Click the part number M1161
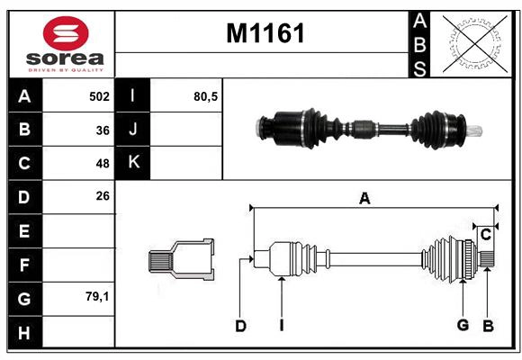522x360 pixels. (265, 33)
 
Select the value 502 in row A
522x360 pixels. (99, 96)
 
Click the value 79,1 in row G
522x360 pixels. (97, 295)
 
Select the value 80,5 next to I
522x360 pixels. (205, 96)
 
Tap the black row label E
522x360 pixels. (23, 230)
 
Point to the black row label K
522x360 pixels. (133, 163)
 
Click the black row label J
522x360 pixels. (133, 130)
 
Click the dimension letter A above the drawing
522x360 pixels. (364, 199)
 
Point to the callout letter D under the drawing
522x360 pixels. (240, 326)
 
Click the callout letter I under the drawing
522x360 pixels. (281, 326)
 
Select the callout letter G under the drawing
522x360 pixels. (463, 325)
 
